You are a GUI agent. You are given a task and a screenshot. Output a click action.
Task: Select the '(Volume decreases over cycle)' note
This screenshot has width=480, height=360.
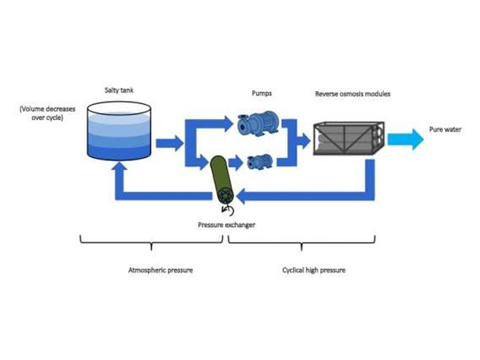pos(46,113)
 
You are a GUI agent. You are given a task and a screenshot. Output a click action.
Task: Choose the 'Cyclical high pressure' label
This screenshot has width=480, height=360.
pos(314,270)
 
